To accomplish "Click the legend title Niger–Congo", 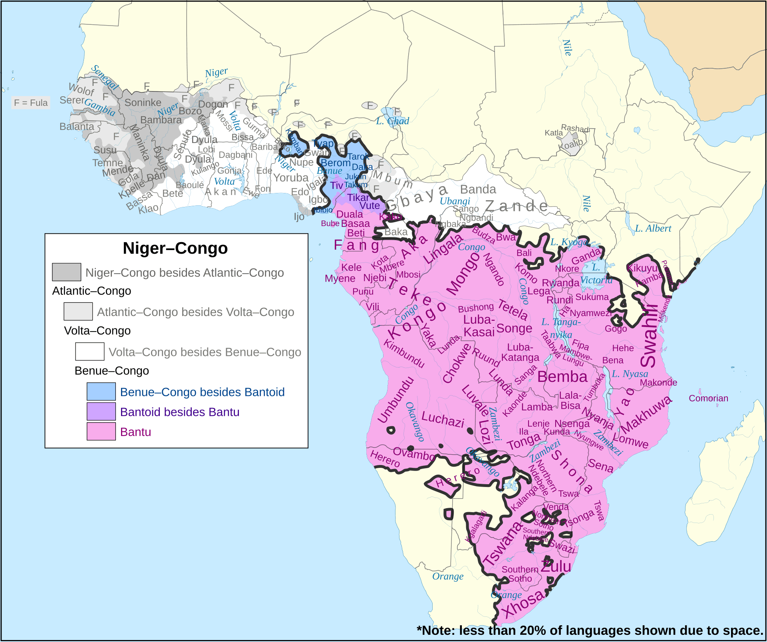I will [175, 248].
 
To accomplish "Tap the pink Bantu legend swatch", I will [101, 432].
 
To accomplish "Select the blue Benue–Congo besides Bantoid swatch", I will [101, 392].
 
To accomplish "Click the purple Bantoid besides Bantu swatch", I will [101, 411].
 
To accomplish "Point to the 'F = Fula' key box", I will [31, 103].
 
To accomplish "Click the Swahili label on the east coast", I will [649, 336].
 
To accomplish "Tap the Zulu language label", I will [556, 566].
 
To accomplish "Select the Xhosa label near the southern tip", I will [524, 603].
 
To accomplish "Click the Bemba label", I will [562, 377].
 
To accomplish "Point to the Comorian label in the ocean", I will [708, 398].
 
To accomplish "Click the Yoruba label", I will [291, 178].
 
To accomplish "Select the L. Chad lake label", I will [392, 121].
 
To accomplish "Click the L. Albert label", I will [653, 229].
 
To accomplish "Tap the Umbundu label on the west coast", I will [395, 400].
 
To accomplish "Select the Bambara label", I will [161, 120].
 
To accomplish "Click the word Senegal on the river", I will [104, 78].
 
